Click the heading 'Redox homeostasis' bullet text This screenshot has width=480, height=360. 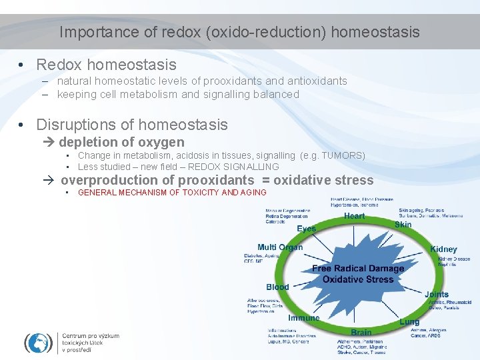[x=106, y=65]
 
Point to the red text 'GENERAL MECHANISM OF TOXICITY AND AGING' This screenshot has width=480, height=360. [x=172, y=193]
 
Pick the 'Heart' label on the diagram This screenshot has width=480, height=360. [x=354, y=216]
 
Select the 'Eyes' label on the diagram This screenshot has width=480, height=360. [x=307, y=229]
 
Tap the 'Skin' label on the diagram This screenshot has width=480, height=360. [x=403, y=225]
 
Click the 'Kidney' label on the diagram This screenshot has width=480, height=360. [x=443, y=249]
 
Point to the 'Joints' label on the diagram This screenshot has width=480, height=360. [x=437, y=294]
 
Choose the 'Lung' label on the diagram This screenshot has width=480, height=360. [x=409, y=322]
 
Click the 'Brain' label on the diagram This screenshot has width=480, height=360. [x=361, y=332]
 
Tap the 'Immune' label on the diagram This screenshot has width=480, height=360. [x=304, y=318]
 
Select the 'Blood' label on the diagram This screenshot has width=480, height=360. [x=277, y=287]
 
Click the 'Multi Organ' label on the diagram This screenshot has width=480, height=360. [x=280, y=247]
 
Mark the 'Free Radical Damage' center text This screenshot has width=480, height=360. [x=358, y=269]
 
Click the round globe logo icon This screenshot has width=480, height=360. [x=39, y=343]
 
